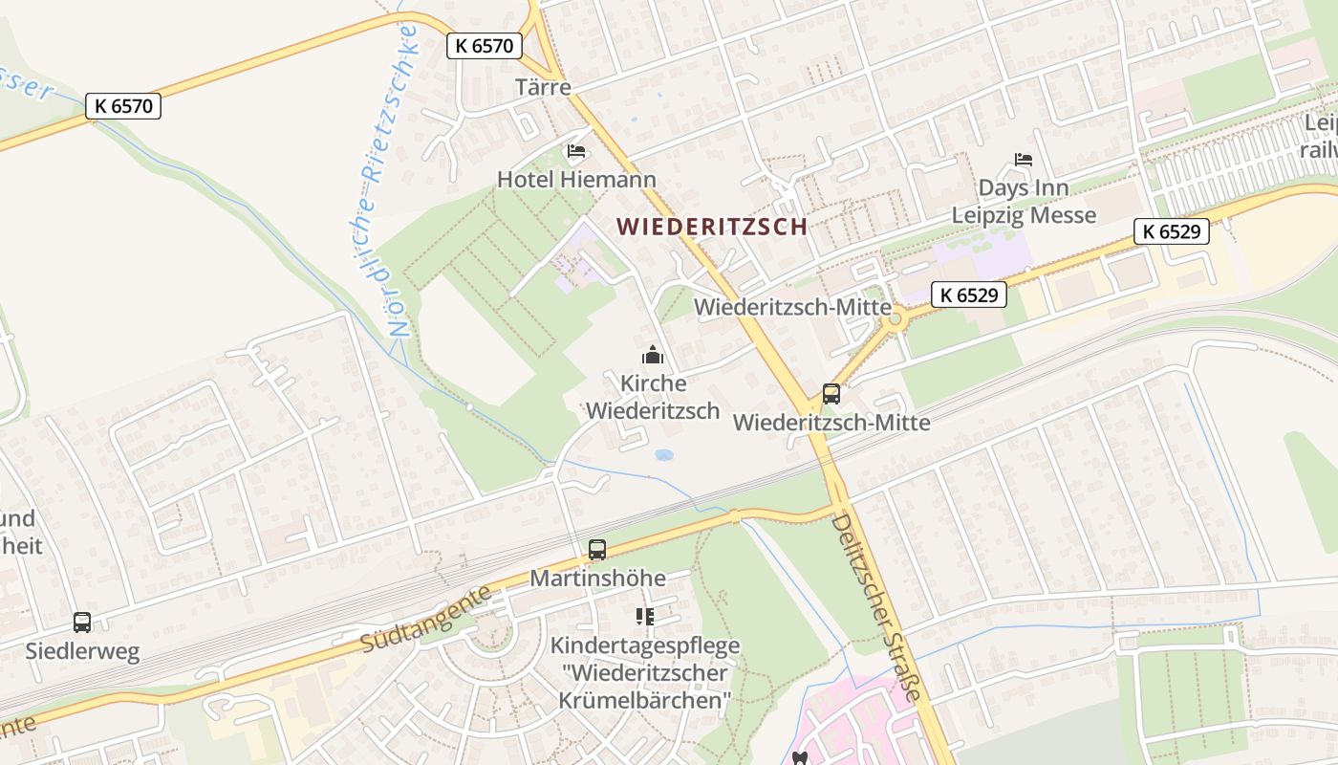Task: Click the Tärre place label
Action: [x=543, y=87]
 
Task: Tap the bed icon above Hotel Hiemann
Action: [x=576, y=151]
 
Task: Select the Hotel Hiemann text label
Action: [x=576, y=179]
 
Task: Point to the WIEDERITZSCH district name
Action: [x=712, y=227]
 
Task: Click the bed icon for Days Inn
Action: [x=1024, y=160]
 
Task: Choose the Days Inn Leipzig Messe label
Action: [x=1024, y=201]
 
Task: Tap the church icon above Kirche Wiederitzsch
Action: [x=653, y=356]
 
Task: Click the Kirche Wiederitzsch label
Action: [x=653, y=397]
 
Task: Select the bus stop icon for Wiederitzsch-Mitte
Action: [x=831, y=393]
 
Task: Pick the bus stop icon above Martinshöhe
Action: [x=597, y=550]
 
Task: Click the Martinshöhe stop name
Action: [x=597, y=579]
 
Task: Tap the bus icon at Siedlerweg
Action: [x=82, y=623]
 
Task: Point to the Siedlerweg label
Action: [x=82, y=652]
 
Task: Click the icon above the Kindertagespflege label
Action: [x=645, y=617]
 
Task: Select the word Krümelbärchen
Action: [x=644, y=700]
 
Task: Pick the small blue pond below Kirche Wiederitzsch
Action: [x=663, y=455]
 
